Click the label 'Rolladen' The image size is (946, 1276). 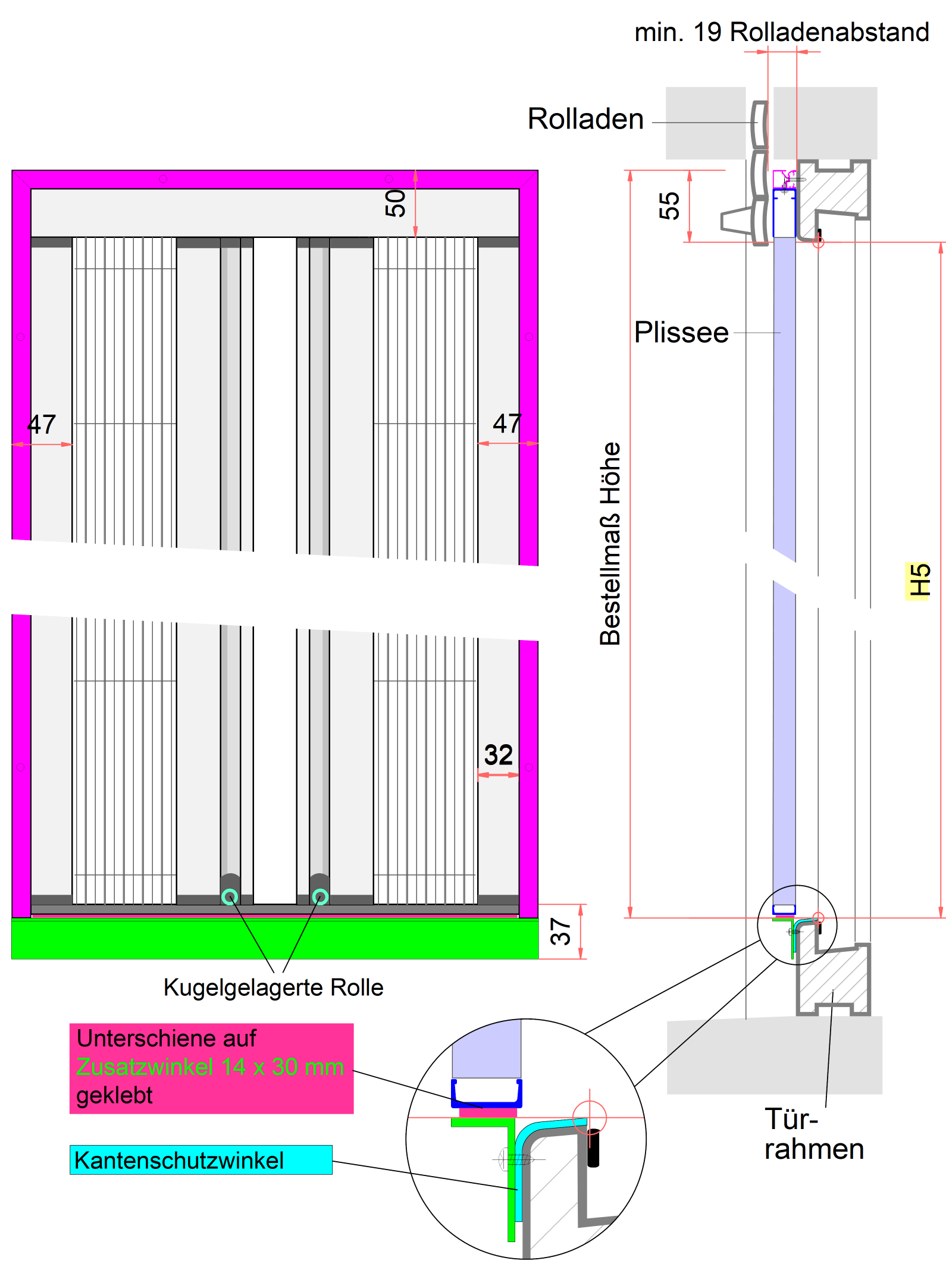click(x=585, y=119)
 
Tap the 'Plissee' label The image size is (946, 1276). click(x=681, y=333)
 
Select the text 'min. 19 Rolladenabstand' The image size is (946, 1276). click(x=781, y=32)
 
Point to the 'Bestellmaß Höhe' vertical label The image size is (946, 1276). click(x=610, y=544)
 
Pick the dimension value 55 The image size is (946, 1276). click(x=670, y=206)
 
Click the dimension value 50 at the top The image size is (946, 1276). click(x=396, y=203)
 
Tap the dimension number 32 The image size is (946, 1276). click(x=498, y=755)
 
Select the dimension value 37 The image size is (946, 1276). click(x=561, y=932)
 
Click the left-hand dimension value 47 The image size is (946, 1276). click(x=42, y=425)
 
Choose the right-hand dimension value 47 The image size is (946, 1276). click(x=507, y=424)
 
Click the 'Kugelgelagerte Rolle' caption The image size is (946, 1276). click(x=273, y=987)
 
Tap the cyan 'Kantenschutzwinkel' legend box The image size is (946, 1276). click(x=201, y=1160)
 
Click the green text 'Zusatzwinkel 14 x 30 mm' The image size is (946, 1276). click(x=210, y=1067)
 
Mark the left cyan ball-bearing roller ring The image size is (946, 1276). click(x=230, y=896)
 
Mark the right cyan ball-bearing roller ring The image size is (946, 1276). click(x=320, y=896)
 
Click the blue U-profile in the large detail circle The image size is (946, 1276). click(x=487, y=1102)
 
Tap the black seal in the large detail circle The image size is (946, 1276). click(x=593, y=1148)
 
